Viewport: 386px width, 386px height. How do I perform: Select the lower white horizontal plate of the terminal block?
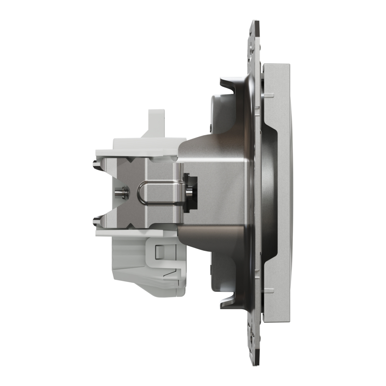click(x=136, y=233)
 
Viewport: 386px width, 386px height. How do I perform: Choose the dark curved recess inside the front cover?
click(x=270, y=192)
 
